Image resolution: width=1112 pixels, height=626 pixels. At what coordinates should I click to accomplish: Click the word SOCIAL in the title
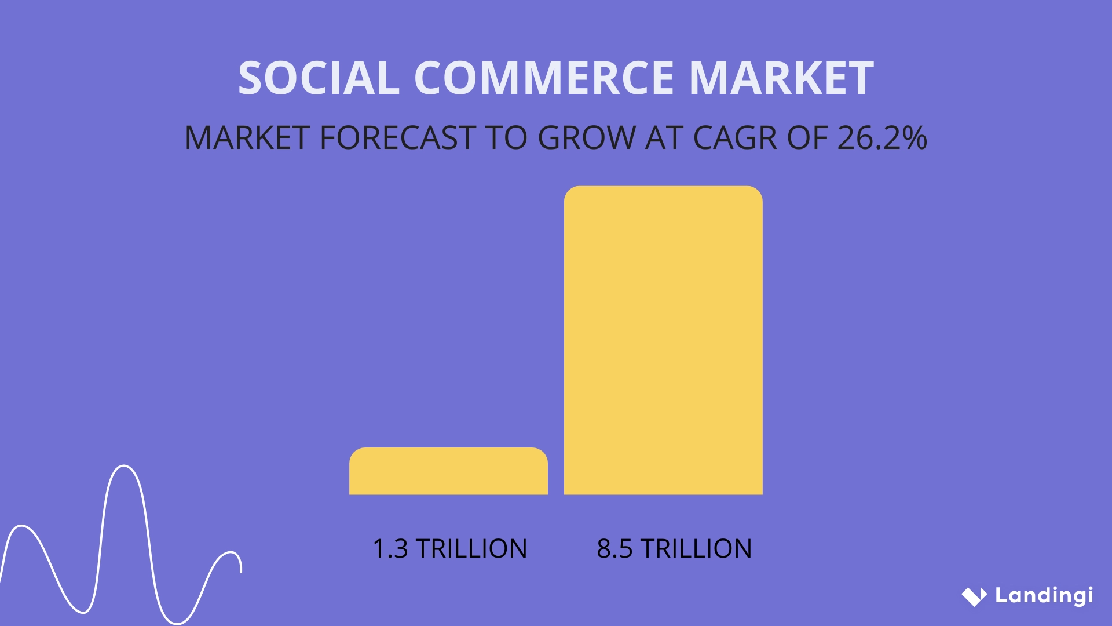319,78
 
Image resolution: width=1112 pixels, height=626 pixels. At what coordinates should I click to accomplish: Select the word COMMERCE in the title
544,78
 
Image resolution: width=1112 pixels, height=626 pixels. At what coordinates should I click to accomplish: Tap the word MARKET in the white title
781,78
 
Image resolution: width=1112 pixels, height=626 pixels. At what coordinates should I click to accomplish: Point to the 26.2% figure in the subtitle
882,138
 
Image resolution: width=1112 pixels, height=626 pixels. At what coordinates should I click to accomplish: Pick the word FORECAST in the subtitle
398,138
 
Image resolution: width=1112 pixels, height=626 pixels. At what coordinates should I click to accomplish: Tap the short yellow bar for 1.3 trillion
448,471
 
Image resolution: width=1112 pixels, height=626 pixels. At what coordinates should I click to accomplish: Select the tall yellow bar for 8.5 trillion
663,340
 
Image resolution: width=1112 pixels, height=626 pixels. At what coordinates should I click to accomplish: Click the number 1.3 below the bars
390,549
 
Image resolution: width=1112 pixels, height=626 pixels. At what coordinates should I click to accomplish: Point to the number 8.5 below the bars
614,549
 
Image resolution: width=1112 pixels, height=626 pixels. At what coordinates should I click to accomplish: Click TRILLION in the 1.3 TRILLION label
471,549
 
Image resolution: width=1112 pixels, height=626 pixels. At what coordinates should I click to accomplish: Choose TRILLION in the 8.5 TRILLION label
696,549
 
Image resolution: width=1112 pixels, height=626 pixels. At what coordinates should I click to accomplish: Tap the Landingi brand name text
1044,596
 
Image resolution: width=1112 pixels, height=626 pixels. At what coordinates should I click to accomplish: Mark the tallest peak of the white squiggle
124,465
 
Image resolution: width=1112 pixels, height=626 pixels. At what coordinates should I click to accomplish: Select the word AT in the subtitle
664,138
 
